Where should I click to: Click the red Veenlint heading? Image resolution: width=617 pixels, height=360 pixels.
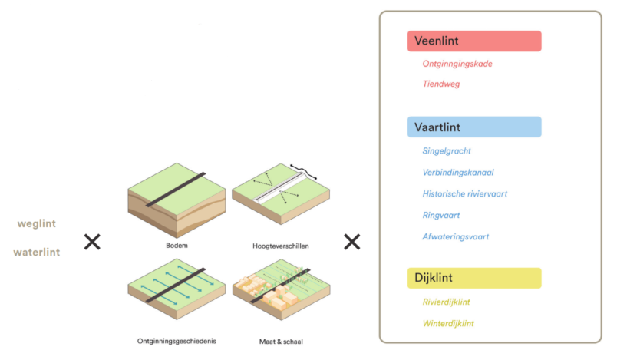[x=474, y=41]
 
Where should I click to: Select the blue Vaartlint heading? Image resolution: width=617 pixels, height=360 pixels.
[x=474, y=127]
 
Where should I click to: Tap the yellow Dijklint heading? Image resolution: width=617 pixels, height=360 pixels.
[x=474, y=278]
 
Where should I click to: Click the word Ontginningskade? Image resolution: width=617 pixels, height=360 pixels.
[x=457, y=64]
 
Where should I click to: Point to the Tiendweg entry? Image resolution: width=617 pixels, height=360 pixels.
[x=441, y=84]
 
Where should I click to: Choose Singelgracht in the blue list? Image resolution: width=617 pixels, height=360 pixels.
[x=447, y=150]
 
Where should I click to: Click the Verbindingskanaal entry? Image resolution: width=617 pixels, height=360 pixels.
[x=458, y=173]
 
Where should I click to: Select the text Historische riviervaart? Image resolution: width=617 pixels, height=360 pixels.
[x=465, y=193]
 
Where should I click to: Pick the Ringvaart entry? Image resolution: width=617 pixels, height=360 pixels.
[x=441, y=215]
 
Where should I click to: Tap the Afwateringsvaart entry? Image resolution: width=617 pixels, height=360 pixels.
[x=456, y=237]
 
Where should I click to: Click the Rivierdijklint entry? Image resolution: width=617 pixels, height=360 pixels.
[x=446, y=302]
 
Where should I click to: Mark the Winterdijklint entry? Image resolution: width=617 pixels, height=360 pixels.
[x=448, y=323]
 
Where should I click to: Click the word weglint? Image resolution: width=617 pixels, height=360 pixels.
[x=37, y=224]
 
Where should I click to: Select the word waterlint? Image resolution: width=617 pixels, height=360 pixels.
[x=37, y=253]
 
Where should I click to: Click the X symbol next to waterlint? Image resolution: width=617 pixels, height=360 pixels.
[x=92, y=242]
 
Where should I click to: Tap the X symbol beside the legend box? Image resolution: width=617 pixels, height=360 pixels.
[x=351, y=242]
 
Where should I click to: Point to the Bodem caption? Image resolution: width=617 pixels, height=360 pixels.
[x=177, y=246]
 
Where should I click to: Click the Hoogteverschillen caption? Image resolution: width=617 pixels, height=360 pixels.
[x=281, y=246]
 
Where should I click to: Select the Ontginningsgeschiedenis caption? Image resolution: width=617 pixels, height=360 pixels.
[x=177, y=341]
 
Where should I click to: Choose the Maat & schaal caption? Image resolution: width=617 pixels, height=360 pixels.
[x=281, y=342]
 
